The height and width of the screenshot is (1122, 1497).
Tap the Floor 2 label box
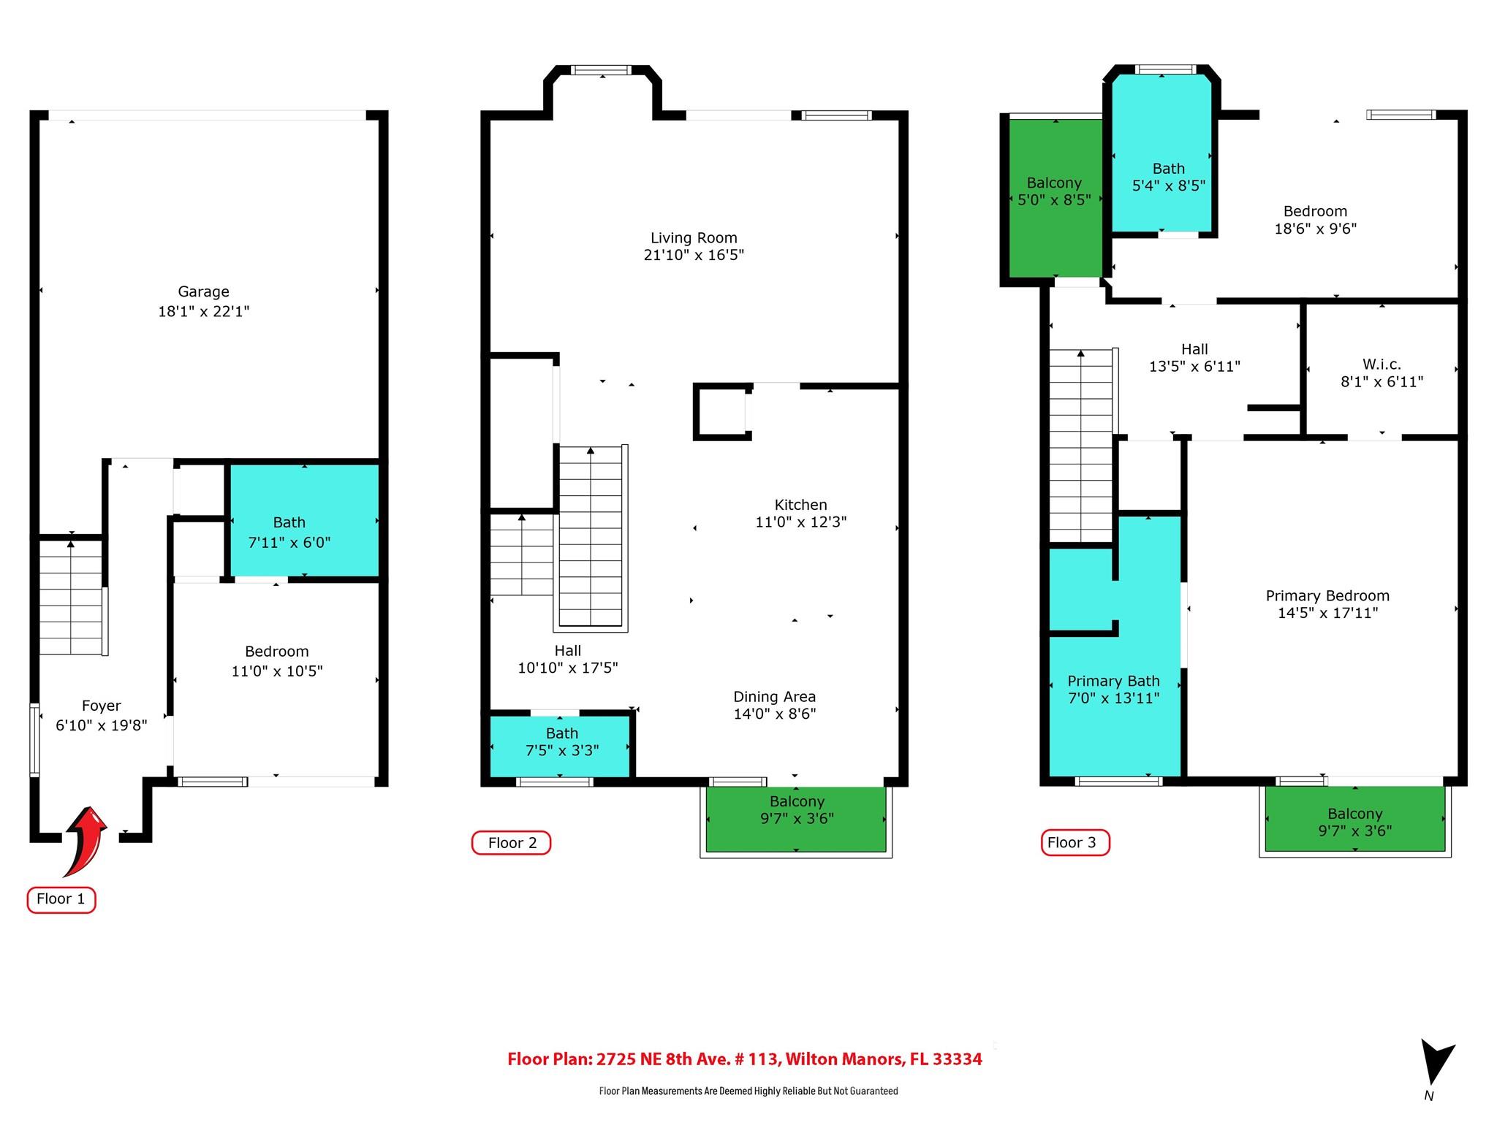511,843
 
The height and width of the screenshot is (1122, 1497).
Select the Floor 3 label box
1075,842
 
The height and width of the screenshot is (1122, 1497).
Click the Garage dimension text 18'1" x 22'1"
203,311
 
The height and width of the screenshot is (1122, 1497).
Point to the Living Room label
694,238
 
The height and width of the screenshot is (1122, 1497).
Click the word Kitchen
800,505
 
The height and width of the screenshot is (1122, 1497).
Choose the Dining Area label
774,697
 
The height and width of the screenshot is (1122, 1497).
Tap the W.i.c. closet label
1382,364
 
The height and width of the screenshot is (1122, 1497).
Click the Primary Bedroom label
1327,596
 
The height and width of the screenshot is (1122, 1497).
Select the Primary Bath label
1113,682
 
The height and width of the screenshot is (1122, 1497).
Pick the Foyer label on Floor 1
101,706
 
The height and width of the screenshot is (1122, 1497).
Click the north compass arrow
1436,1063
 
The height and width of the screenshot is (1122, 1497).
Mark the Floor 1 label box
61,899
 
